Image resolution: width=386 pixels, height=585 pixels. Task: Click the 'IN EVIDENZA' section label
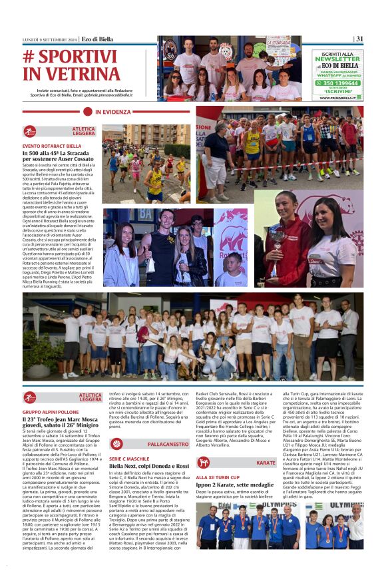(112, 112)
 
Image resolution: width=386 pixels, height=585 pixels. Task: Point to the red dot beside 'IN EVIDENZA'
(87, 112)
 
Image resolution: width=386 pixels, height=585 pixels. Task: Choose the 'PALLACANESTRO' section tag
(168, 444)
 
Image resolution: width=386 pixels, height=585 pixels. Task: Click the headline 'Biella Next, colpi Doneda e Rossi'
(150, 467)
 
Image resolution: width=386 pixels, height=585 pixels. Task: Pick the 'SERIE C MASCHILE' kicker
(130, 459)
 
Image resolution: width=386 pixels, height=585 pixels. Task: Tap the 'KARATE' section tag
(266, 463)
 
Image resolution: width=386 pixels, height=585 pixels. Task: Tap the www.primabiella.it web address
(337, 98)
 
